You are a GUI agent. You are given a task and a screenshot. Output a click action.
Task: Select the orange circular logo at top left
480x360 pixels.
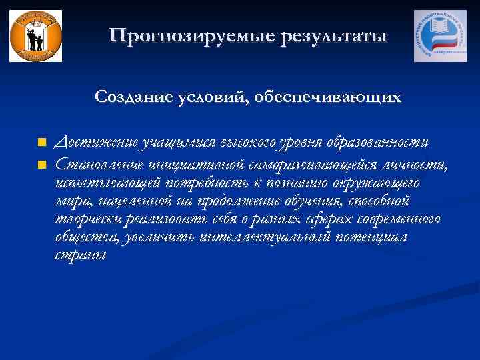click(35, 36)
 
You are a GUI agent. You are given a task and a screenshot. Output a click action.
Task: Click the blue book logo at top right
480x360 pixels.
click(441, 36)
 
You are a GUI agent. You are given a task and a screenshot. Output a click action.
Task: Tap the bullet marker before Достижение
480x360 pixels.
click(41, 143)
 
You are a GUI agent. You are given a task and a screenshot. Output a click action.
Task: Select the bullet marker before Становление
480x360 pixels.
click(41, 163)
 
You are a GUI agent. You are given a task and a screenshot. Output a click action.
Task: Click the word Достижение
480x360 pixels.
click(96, 143)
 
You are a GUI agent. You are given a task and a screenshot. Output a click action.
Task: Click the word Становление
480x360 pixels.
click(99, 163)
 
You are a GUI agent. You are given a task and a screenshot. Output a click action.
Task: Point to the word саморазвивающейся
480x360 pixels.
click(309, 163)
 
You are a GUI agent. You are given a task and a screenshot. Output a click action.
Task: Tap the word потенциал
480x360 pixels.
click(379, 238)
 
